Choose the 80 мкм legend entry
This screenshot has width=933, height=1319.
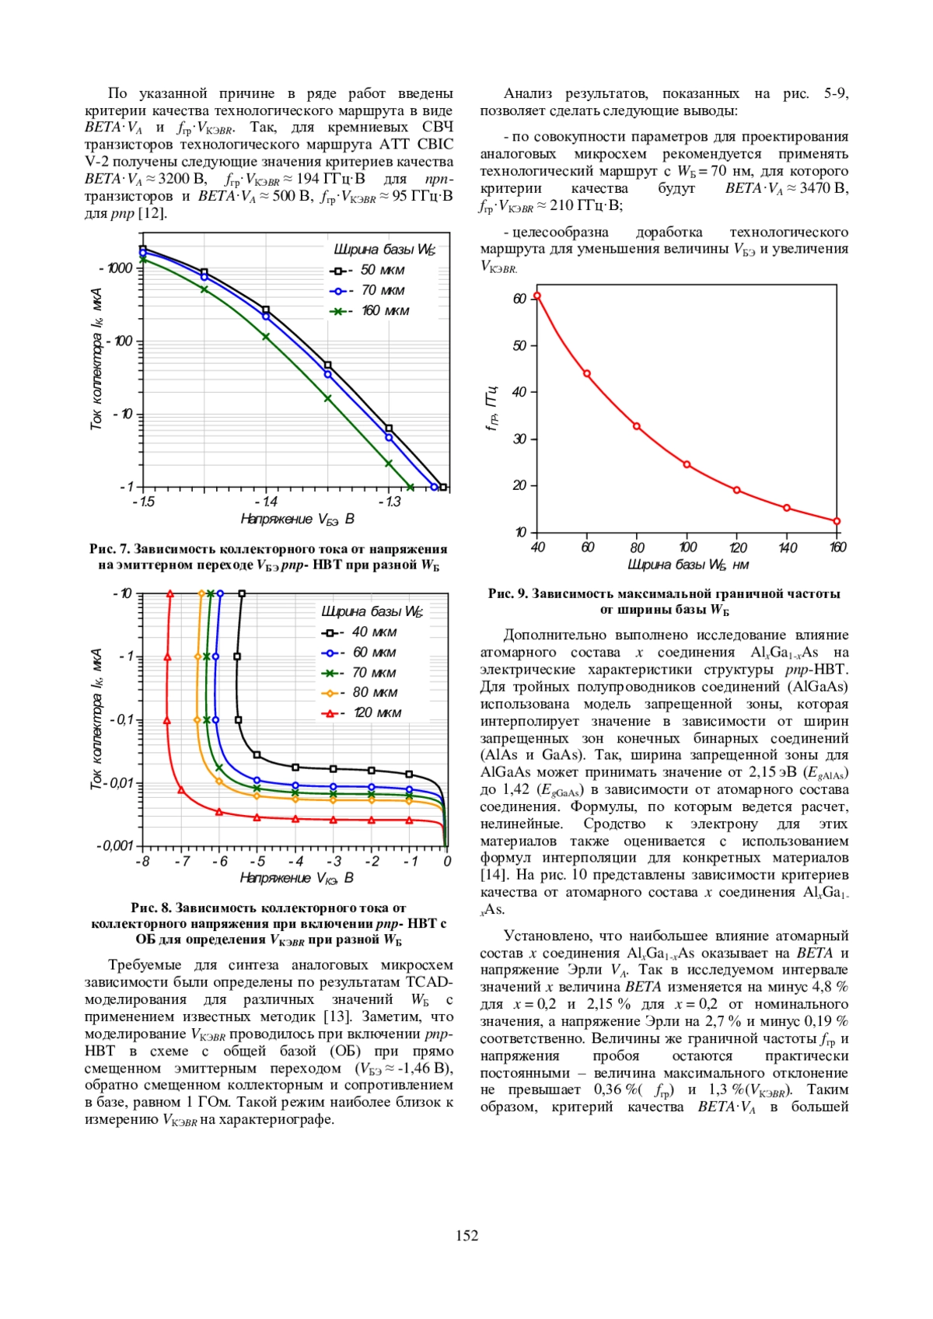[x=359, y=692]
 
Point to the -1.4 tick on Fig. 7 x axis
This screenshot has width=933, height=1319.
[x=265, y=502]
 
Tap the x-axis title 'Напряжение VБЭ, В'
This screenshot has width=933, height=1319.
[x=297, y=519]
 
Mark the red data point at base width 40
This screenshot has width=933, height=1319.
[x=536, y=296]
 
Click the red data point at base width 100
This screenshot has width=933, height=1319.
[x=687, y=464]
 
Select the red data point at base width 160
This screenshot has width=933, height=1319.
[x=837, y=521]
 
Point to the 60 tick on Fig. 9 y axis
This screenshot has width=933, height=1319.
[x=520, y=299]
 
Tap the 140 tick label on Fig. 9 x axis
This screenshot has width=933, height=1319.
[x=787, y=548]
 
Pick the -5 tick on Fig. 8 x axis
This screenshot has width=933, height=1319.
[x=257, y=862]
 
